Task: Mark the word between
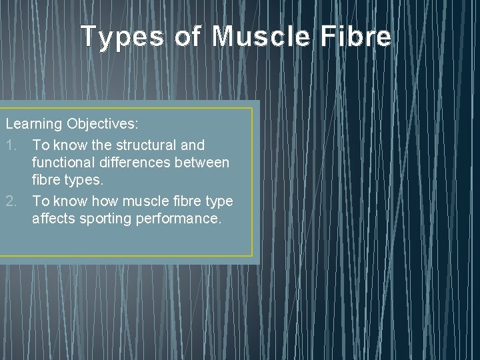click(x=202, y=163)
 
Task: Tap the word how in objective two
click(x=102, y=200)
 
